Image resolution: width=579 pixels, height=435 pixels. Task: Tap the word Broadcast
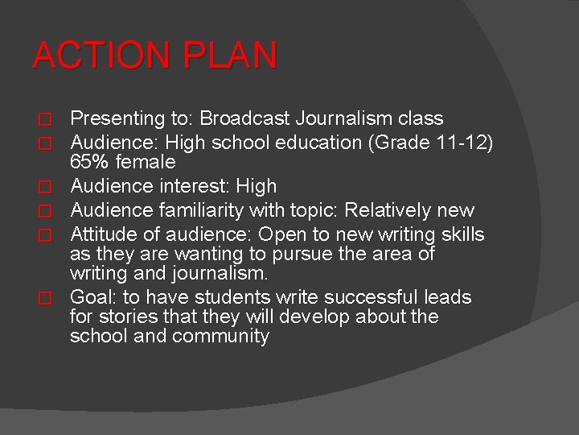pyautogui.click(x=244, y=119)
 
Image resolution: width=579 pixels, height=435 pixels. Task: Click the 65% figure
pyautogui.click(x=90, y=162)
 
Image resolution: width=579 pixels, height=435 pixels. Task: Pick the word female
pyautogui.click(x=146, y=162)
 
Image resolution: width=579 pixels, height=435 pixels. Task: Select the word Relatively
pyautogui.click(x=385, y=211)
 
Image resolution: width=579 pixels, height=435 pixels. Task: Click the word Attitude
pyautogui.click(x=101, y=235)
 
